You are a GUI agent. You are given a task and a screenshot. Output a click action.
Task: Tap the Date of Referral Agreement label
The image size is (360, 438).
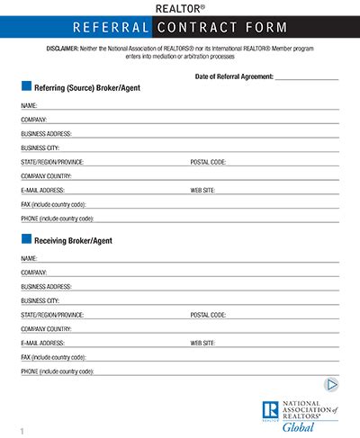click(233, 77)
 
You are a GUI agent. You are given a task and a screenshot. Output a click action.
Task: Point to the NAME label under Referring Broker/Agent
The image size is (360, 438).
click(28, 105)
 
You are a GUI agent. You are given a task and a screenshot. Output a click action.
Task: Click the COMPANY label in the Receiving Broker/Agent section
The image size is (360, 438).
click(33, 272)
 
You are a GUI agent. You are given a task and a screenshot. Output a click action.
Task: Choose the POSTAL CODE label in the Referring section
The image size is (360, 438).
click(208, 162)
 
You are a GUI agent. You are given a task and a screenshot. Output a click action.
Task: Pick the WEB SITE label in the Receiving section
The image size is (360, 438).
click(202, 344)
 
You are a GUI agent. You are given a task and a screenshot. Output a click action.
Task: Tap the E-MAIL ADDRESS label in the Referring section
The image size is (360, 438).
click(42, 191)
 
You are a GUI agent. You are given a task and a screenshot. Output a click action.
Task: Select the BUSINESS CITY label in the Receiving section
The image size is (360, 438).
click(40, 300)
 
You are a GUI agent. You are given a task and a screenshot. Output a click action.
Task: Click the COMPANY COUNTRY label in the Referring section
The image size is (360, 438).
click(46, 176)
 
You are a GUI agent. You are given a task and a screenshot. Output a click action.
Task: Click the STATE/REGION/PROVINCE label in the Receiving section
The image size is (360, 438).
click(51, 315)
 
